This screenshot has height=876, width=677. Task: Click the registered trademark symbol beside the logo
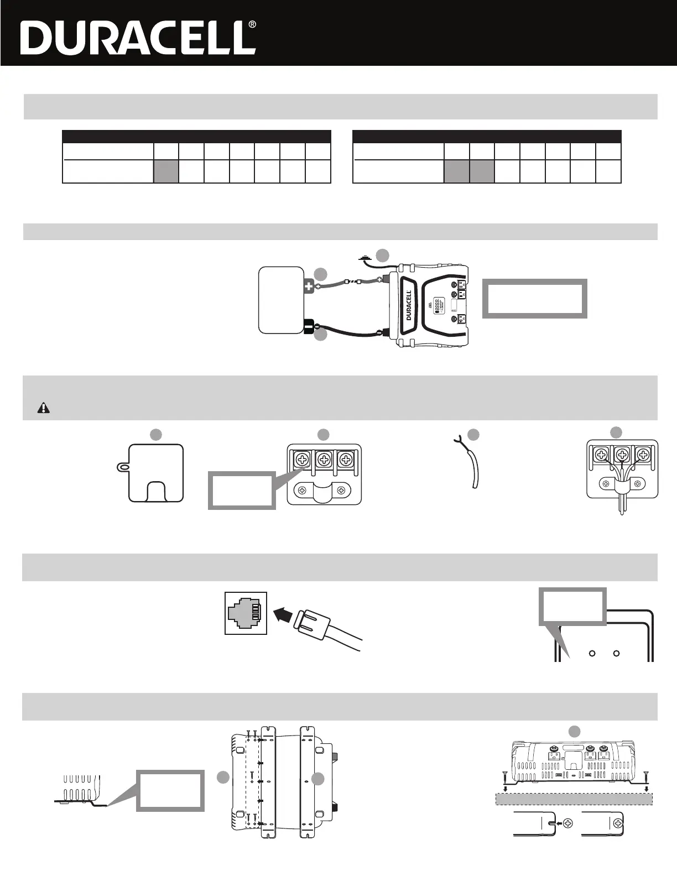click(x=252, y=25)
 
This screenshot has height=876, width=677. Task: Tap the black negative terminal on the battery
click(x=308, y=326)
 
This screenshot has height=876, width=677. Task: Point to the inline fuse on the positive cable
click(x=353, y=282)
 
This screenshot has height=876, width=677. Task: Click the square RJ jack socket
click(x=246, y=613)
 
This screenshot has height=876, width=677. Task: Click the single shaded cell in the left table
click(x=166, y=171)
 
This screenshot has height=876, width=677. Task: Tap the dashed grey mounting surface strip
click(x=573, y=798)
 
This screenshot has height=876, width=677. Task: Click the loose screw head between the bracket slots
click(x=570, y=823)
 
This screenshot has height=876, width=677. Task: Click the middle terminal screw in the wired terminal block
click(x=623, y=455)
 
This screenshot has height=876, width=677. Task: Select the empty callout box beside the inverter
click(x=534, y=299)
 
